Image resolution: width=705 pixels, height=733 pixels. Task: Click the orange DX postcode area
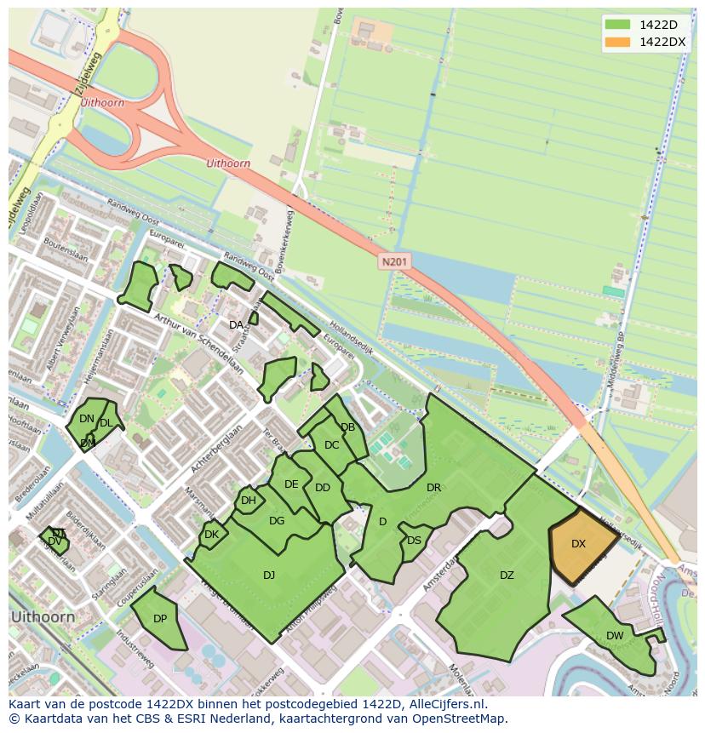click(x=580, y=544)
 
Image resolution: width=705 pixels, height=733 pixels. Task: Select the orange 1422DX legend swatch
click(x=619, y=42)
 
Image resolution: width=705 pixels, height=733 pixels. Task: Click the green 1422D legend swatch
click(x=619, y=25)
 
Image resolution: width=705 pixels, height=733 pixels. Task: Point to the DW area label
click(x=615, y=636)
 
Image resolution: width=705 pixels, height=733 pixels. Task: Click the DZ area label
click(x=507, y=576)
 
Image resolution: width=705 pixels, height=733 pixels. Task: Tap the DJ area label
click(x=269, y=576)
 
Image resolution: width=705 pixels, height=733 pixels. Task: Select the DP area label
click(x=160, y=619)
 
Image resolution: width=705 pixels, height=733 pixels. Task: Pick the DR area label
click(x=433, y=488)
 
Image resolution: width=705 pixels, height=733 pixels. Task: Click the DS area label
click(x=414, y=541)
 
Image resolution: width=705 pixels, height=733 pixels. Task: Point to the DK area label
click(x=212, y=535)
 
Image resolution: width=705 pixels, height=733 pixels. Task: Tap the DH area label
click(x=248, y=501)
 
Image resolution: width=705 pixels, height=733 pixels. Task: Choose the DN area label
click(x=87, y=419)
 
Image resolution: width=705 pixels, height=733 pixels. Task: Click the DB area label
click(x=347, y=427)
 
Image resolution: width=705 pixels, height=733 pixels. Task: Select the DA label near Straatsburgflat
click(x=236, y=325)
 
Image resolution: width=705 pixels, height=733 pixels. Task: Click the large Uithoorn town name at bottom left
click(x=43, y=616)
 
